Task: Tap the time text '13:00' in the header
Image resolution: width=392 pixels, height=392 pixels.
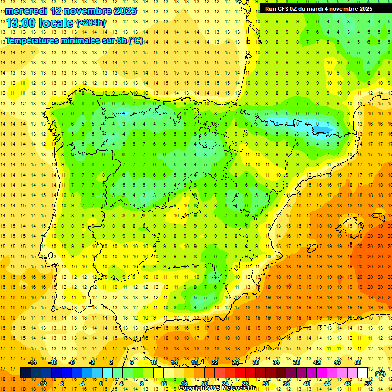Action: coord(20,23)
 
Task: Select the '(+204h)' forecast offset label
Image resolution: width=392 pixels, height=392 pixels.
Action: coord(91,23)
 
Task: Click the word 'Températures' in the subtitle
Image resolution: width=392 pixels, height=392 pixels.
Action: coord(30,40)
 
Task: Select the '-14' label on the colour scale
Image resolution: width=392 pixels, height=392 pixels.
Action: coord(32,362)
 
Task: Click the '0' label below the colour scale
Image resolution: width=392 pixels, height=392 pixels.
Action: coord(101,384)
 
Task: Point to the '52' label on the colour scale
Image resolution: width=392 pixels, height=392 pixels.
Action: coord(367,384)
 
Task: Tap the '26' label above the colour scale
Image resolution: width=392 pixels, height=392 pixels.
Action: coord(235,362)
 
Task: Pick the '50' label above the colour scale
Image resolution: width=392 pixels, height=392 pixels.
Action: coord(358,362)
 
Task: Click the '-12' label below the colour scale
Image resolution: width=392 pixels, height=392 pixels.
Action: coord(42,384)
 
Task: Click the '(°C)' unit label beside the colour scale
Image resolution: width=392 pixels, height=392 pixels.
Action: coord(380,373)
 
